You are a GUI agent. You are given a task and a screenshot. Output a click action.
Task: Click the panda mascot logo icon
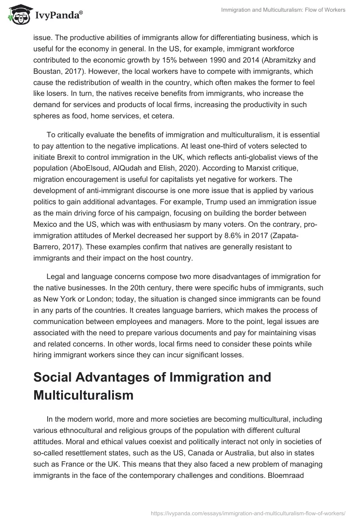coord(17,15)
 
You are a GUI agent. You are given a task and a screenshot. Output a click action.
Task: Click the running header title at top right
coord(283,10)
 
